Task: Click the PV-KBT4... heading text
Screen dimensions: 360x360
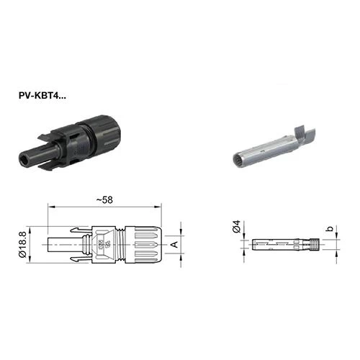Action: pos(42,96)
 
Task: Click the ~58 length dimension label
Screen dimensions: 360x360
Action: pos(104,200)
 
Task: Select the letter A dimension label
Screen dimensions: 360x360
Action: pos(175,245)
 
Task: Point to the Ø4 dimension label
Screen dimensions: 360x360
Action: pos(236,226)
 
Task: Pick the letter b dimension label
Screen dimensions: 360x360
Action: pos(330,228)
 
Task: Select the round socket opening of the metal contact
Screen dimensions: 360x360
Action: pos(238,160)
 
